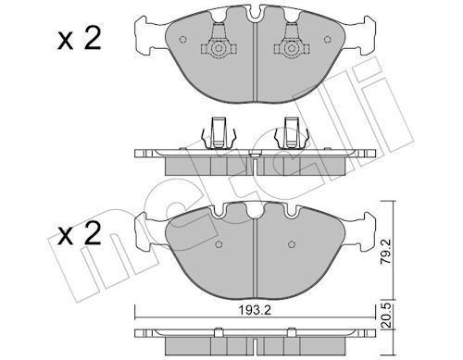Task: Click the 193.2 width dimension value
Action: click(255, 310)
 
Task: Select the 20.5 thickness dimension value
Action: click(386, 316)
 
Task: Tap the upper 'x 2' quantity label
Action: click(80, 40)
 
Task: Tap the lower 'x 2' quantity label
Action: click(80, 234)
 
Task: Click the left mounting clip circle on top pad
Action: click(219, 48)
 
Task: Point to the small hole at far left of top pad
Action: click(182, 40)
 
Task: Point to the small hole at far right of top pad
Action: click(328, 40)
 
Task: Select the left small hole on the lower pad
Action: click(219, 244)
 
